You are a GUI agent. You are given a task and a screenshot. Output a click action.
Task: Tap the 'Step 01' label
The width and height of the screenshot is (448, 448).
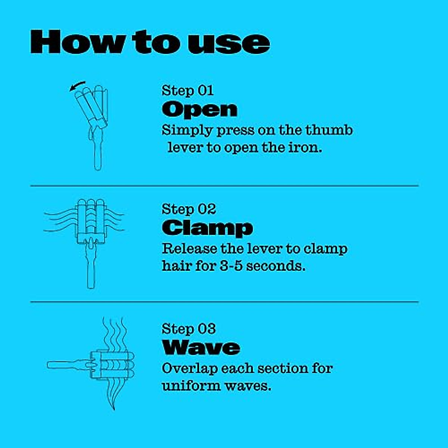tap(187, 91)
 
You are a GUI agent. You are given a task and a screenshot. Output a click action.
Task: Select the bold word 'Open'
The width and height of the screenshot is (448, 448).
tap(199, 109)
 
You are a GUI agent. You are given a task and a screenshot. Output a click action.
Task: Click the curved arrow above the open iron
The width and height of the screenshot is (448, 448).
tap(78, 85)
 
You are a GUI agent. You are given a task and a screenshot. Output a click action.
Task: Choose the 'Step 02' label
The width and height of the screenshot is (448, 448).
tap(189, 209)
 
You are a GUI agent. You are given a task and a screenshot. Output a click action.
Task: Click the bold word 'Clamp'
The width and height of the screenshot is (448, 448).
tap(207, 228)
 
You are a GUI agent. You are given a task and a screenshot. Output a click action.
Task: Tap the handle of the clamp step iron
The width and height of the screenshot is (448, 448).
tap(91, 273)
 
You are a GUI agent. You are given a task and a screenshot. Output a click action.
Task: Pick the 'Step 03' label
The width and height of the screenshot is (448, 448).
tap(189, 329)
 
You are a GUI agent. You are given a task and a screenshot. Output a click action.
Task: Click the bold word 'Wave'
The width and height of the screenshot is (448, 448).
tap(201, 347)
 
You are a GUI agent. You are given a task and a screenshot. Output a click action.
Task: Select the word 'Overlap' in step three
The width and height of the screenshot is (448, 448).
tap(190, 368)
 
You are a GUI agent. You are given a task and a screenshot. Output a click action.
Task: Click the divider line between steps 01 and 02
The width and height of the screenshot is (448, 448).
tap(224, 186)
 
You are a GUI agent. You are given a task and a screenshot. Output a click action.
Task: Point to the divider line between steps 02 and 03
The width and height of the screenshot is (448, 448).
tap(224, 302)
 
